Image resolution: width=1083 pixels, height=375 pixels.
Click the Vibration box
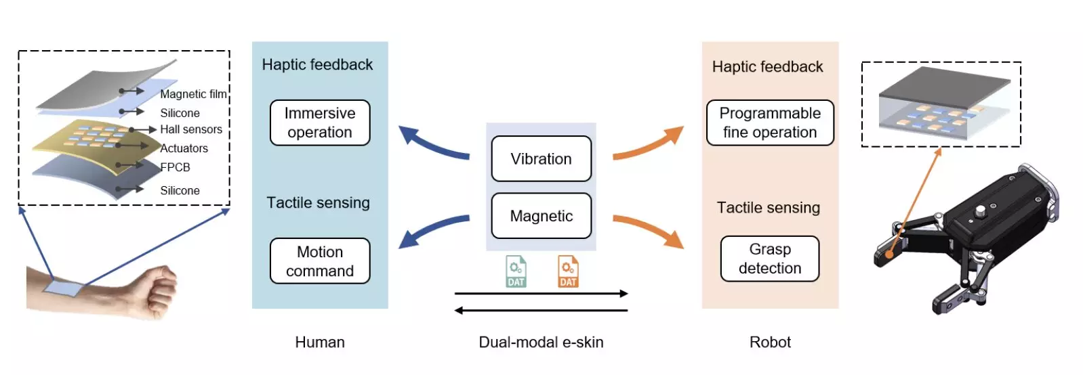coord(541,159)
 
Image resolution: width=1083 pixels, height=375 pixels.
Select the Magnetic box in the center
coord(541,216)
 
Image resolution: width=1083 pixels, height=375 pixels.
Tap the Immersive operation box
coord(320,123)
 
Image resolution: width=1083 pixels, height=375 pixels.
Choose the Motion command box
coord(320,261)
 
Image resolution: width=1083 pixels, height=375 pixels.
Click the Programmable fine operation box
coord(770,123)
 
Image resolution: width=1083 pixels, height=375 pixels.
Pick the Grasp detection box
coord(770,259)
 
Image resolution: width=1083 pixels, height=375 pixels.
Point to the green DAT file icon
coord(516,271)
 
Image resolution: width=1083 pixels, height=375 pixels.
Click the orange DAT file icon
coord(568,271)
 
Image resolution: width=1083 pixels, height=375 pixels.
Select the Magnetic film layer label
coord(193,94)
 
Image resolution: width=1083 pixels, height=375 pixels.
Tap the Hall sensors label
coord(191,129)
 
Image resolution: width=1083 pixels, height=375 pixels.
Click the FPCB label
coord(175,167)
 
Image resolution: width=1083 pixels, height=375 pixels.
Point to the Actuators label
coord(184,148)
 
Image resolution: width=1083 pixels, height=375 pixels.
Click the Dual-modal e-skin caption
coord(541,343)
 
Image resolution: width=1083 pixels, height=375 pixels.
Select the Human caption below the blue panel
coord(320,343)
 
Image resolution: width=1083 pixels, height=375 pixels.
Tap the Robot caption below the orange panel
coord(770,343)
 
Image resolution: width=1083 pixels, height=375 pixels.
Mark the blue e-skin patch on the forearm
coord(64,288)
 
